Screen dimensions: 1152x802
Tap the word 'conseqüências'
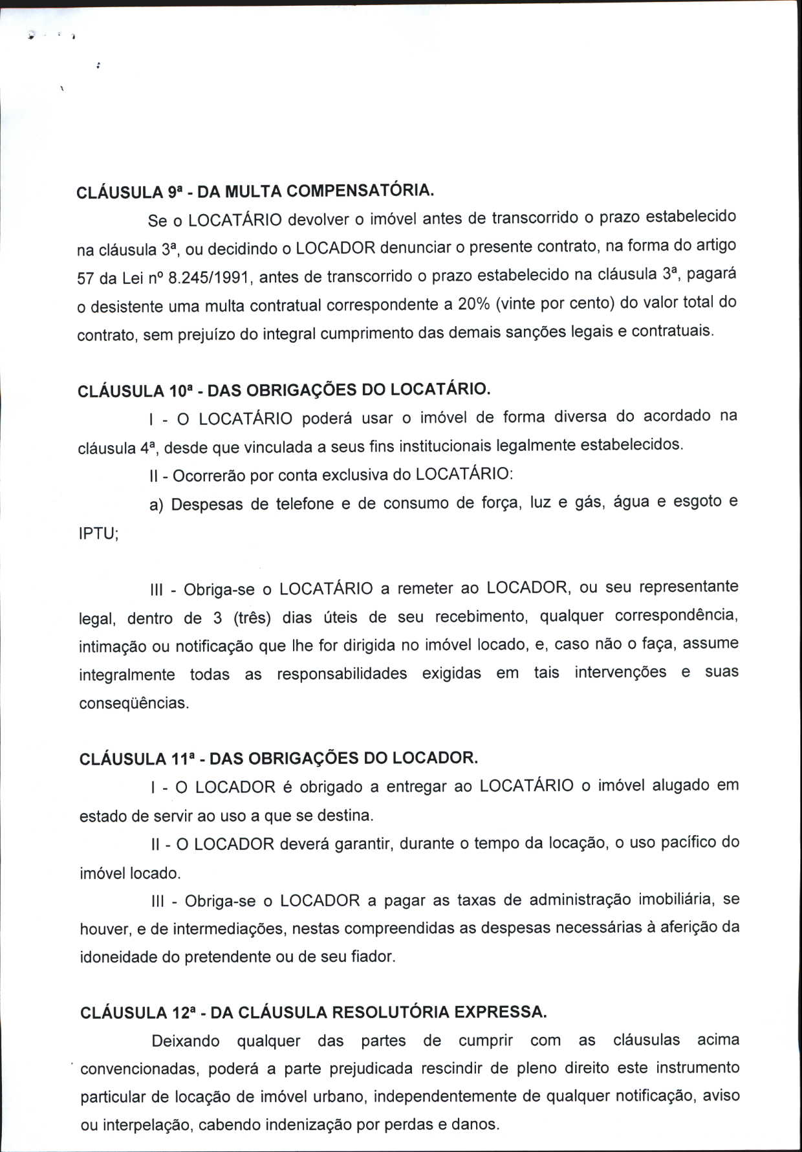(134, 703)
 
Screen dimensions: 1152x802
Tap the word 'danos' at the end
(479, 1124)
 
